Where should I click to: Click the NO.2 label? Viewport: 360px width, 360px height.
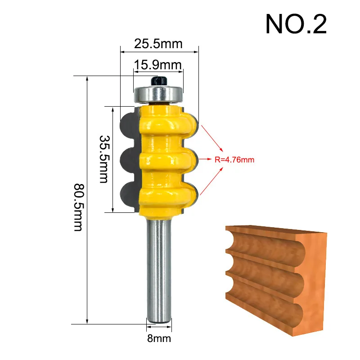pos(296,24)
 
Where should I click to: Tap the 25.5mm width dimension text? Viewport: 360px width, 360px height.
pos(158,44)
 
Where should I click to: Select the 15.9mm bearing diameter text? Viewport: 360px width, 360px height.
pos(157,65)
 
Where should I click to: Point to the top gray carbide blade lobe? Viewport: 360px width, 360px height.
pos(128,122)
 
